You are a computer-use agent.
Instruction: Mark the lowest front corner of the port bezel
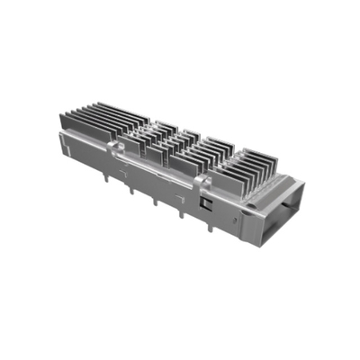pos(260,244)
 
